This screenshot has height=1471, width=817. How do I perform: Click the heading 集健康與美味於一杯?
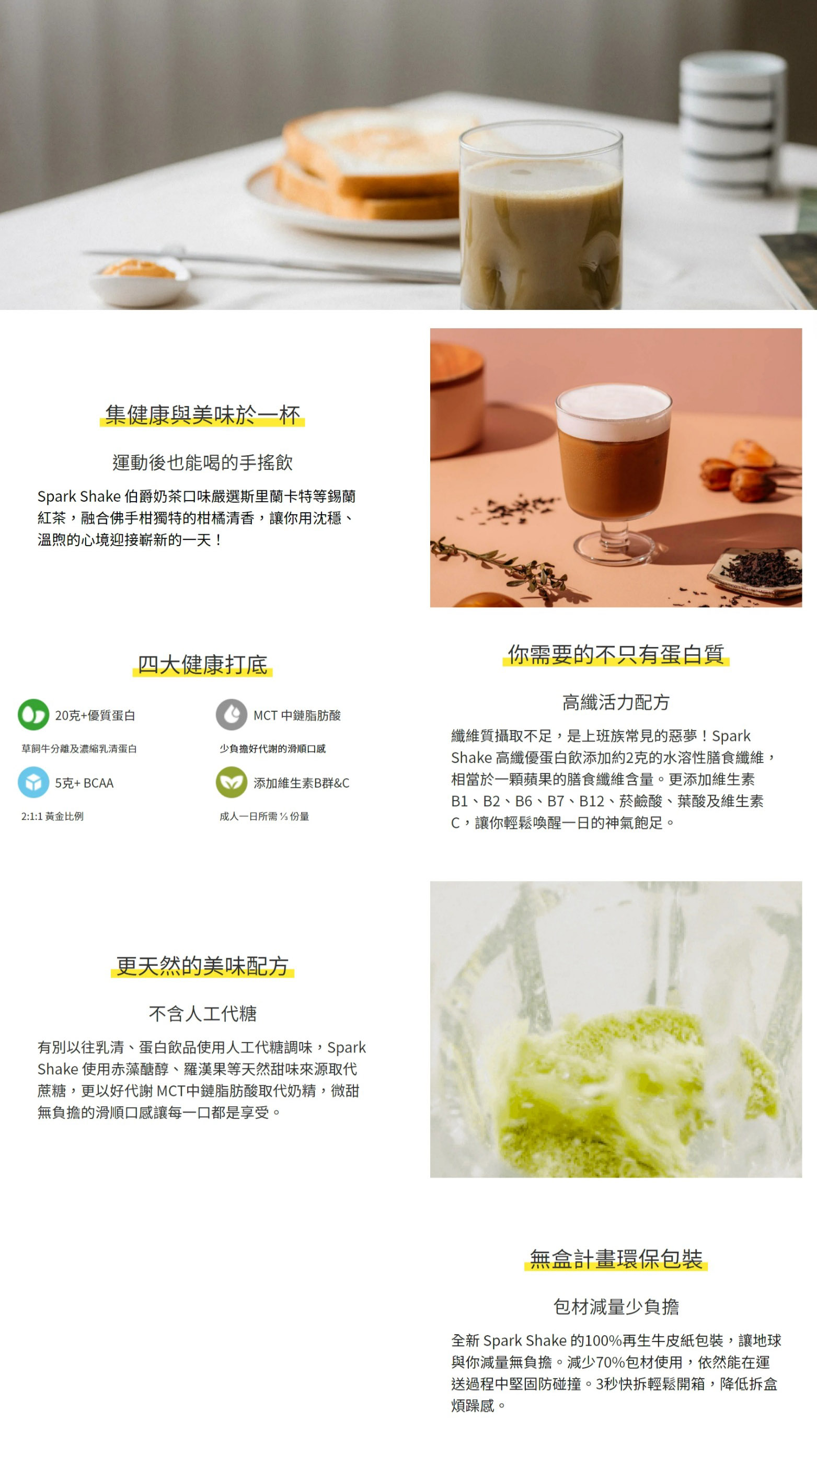pyautogui.click(x=202, y=414)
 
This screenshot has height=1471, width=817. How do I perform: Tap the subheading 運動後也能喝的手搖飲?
pyautogui.click(x=202, y=462)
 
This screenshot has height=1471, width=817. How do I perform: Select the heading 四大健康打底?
pyautogui.click(x=202, y=664)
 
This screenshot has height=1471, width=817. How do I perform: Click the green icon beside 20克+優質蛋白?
pyautogui.click(x=33, y=714)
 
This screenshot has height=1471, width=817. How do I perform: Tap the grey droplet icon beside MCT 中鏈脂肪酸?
pyautogui.click(x=232, y=714)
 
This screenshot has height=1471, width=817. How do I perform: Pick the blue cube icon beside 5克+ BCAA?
pyautogui.click(x=33, y=782)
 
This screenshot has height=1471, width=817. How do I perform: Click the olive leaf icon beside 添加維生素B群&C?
pyautogui.click(x=232, y=782)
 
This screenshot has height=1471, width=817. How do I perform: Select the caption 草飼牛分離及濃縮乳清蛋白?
pyautogui.click(x=79, y=749)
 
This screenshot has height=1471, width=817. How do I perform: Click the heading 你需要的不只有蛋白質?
pyautogui.click(x=616, y=654)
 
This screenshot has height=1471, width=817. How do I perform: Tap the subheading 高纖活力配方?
pyautogui.click(x=616, y=702)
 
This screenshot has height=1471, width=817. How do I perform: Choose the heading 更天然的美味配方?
pyautogui.click(x=202, y=966)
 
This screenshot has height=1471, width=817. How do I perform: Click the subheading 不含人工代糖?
pyautogui.click(x=202, y=1014)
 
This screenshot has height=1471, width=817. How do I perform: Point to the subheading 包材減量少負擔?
pyautogui.click(x=616, y=1306)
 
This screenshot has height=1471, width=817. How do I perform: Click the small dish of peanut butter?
pyautogui.click(x=139, y=280)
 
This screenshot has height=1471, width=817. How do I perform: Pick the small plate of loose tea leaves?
pyautogui.click(x=755, y=571)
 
